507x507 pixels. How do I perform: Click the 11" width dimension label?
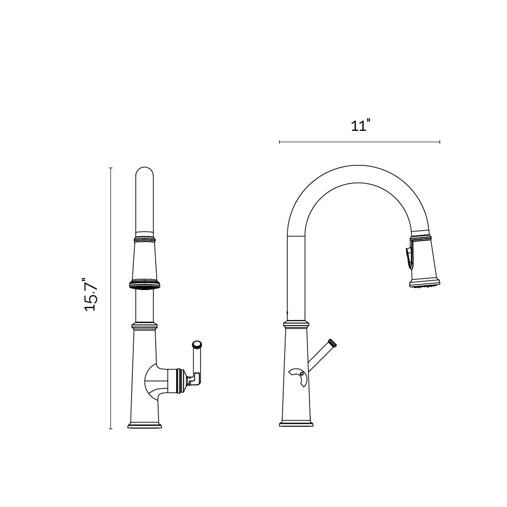[x=360, y=126]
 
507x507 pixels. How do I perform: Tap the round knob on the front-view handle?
[x=197, y=345]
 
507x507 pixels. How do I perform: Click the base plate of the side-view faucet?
[x=296, y=424]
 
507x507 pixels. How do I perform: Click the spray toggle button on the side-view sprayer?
[x=409, y=256]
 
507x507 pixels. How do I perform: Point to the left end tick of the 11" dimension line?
[x=279, y=142]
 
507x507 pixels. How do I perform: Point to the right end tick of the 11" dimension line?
[x=440, y=142]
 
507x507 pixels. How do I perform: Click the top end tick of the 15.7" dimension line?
[x=111, y=168]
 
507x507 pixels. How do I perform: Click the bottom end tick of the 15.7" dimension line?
[x=111, y=429]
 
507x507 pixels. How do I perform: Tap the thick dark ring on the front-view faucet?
[x=145, y=283]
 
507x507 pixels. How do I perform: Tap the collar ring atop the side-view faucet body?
[x=296, y=324]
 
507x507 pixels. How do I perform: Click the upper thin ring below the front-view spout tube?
[x=145, y=239]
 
